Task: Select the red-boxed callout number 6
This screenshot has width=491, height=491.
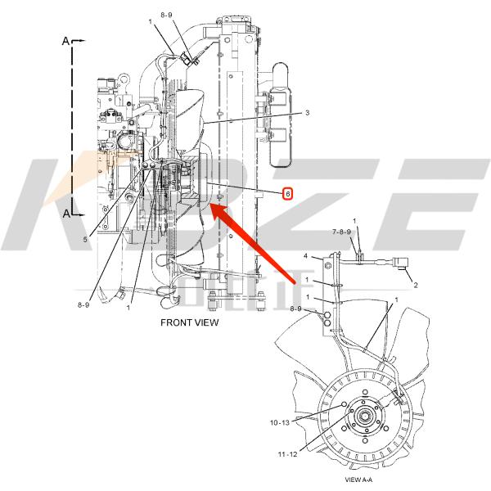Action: click(287, 193)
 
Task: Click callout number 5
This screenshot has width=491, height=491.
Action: click(85, 239)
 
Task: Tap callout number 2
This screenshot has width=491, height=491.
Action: click(415, 286)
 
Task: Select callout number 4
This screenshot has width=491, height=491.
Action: click(305, 257)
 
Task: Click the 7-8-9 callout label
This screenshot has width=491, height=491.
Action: click(341, 232)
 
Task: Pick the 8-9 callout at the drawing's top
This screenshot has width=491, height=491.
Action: click(167, 14)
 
